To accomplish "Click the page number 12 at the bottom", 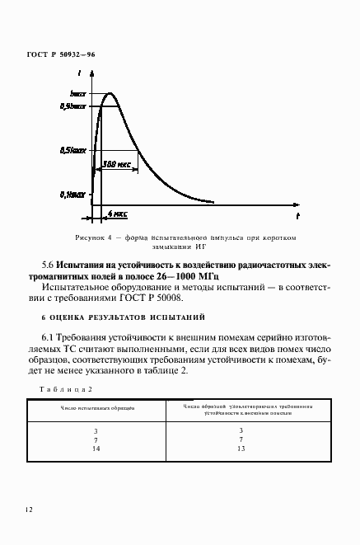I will pyautogui.click(x=29, y=510).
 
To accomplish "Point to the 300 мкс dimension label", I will pyautogui.click(x=117, y=164).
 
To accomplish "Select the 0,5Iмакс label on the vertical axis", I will pyautogui.click(x=73, y=151).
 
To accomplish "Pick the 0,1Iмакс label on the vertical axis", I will pyautogui.click(x=73, y=195).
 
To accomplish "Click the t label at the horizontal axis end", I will pyautogui.click(x=297, y=214).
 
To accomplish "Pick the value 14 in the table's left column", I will pyautogui.click(x=96, y=449).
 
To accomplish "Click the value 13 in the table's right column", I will pyautogui.click(x=241, y=449).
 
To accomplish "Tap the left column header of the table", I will pyautogui.click(x=96, y=407).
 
